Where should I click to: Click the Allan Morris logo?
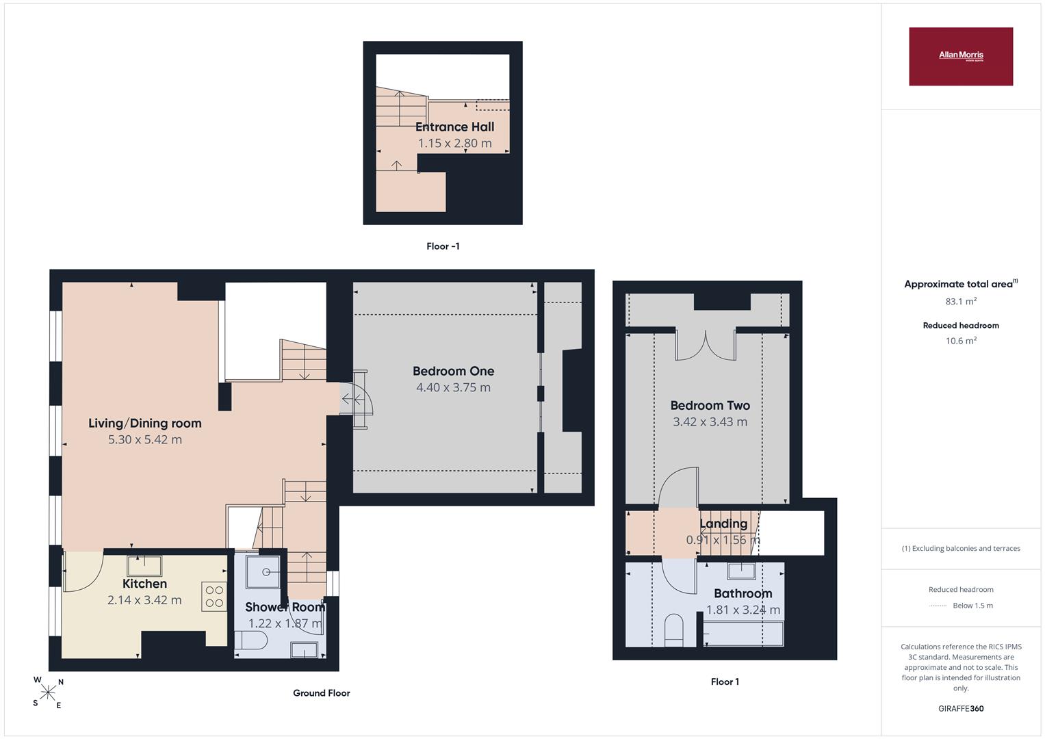(x=961, y=56)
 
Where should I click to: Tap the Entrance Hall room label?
(x=454, y=127)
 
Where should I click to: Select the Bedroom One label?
(x=453, y=371)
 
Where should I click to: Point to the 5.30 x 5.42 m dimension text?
(x=144, y=439)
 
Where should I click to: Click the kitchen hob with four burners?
(x=214, y=596)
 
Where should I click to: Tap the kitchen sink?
(x=144, y=566)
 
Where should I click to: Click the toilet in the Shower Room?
(x=250, y=640)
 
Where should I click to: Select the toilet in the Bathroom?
(x=673, y=630)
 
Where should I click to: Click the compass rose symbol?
(x=48, y=692)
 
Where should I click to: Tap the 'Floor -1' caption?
(x=443, y=246)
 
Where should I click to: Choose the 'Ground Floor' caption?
(x=322, y=692)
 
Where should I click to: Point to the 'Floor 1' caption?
(x=725, y=682)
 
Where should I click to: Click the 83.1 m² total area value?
(x=961, y=301)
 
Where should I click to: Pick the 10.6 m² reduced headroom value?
(x=961, y=341)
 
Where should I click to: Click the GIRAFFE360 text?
(x=961, y=709)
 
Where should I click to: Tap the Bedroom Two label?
(x=710, y=405)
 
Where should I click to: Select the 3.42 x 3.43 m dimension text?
(x=710, y=422)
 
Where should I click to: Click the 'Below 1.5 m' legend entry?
(x=972, y=606)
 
